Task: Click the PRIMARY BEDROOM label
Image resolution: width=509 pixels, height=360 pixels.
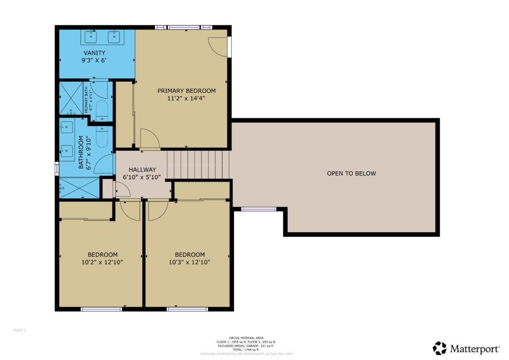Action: point(186,91)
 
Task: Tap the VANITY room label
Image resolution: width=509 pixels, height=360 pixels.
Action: point(94,53)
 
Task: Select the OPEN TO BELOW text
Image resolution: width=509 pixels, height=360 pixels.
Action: point(351,173)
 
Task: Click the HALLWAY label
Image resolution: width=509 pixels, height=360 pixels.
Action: point(142,170)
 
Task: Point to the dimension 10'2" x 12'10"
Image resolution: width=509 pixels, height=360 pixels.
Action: point(102,262)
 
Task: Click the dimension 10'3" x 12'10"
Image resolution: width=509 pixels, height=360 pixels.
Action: point(189,262)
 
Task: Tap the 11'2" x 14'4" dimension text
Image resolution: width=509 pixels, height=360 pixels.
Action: point(186,98)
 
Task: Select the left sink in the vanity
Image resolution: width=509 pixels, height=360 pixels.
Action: point(91,36)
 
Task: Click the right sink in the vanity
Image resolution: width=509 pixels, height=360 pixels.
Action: point(114,36)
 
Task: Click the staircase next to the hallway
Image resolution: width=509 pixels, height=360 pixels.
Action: point(198,165)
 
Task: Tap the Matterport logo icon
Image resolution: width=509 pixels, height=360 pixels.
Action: point(440,348)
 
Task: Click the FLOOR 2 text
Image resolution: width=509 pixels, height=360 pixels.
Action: point(19,330)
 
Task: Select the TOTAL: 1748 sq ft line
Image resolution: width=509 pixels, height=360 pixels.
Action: point(246,350)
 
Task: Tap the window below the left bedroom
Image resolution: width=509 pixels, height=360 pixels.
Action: point(101,309)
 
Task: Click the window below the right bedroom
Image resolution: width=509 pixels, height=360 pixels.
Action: point(187,309)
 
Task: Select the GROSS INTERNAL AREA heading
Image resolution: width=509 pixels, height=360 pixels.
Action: point(246,338)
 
